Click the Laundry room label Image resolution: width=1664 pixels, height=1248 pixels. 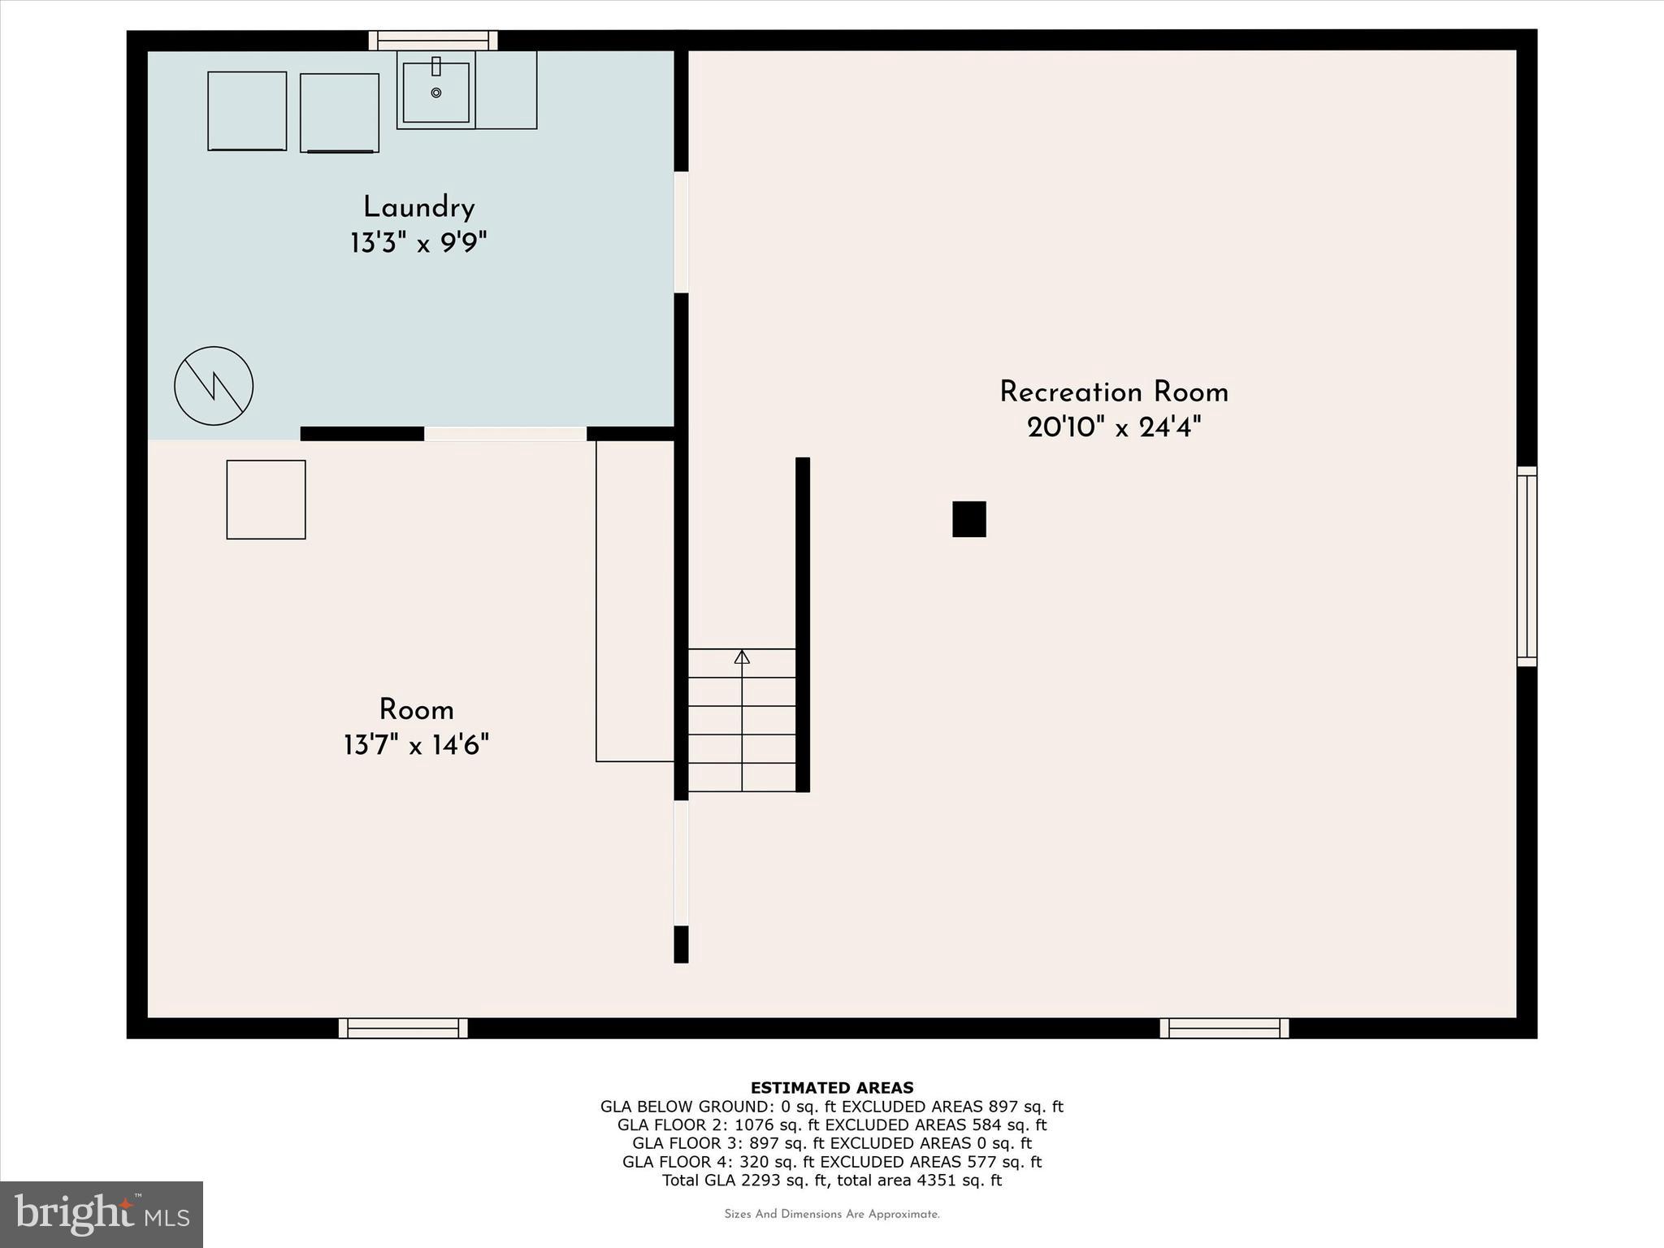[418, 208]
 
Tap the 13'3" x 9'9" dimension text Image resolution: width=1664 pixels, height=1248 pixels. [418, 243]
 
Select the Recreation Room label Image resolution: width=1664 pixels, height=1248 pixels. [1113, 392]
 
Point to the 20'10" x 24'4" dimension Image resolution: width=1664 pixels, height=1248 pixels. [1113, 427]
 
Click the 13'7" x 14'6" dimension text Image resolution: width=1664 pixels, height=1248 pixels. [416, 745]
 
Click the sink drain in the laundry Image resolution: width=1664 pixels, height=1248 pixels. [436, 93]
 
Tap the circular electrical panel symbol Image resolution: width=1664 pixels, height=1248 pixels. [214, 386]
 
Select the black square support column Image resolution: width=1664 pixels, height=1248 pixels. [968, 519]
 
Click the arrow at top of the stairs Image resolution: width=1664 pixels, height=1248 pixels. [742, 656]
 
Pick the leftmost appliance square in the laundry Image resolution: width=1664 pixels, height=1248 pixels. [247, 111]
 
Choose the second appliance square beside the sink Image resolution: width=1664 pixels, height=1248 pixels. [340, 113]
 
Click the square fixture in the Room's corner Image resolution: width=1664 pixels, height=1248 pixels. [266, 500]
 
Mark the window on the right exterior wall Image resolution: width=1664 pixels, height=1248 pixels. [1527, 566]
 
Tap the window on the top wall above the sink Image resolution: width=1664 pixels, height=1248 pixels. [433, 41]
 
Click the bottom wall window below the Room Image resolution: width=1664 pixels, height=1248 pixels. [403, 1028]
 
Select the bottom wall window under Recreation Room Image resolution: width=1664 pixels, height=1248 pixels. [1224, 1028]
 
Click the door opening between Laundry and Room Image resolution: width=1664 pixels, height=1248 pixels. [505, 434]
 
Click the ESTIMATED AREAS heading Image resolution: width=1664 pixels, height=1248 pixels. [831, 1088]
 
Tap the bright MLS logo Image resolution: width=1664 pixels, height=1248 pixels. [102, 1215]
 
